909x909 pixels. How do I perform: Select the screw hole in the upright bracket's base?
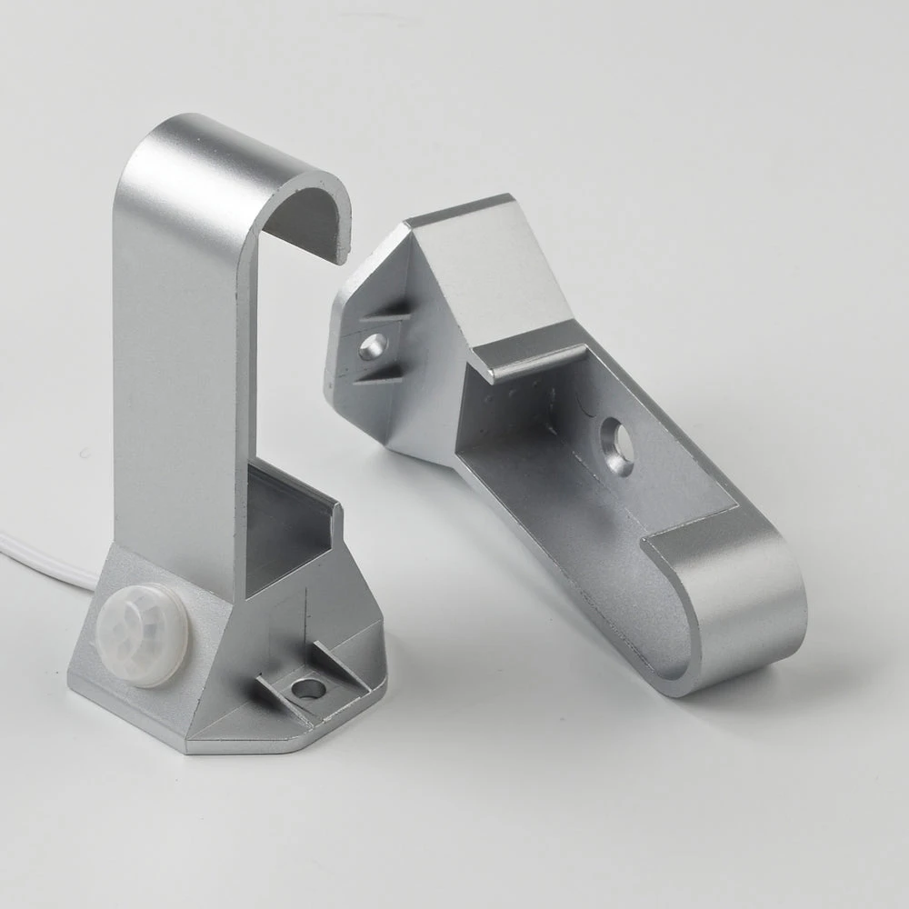(308, 689)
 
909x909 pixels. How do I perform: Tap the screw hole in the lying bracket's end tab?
(373, 345)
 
